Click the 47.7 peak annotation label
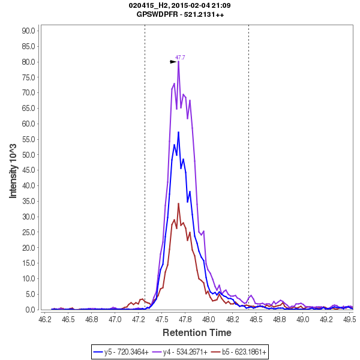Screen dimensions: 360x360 click(180, 58)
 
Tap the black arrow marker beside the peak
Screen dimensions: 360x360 click(173, 61)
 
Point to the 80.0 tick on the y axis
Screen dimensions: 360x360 click(29, 62)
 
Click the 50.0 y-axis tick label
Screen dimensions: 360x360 click(29, 155)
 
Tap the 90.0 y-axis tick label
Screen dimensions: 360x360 click(29, 31)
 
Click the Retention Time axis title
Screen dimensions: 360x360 click(197, 332)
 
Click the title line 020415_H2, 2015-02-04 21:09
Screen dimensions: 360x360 click(180, 5)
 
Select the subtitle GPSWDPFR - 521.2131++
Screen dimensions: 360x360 click(180, 14)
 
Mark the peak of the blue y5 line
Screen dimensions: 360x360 click(178, 132)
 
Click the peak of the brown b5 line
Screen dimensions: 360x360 click(178, 203)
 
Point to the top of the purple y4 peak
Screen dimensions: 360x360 click(178, 61)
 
